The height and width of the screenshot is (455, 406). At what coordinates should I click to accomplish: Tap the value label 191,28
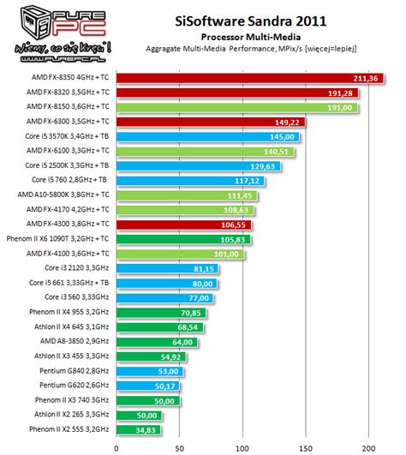coord(341,93)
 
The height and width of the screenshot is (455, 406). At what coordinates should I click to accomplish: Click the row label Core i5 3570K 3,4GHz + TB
coord(69,137)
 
